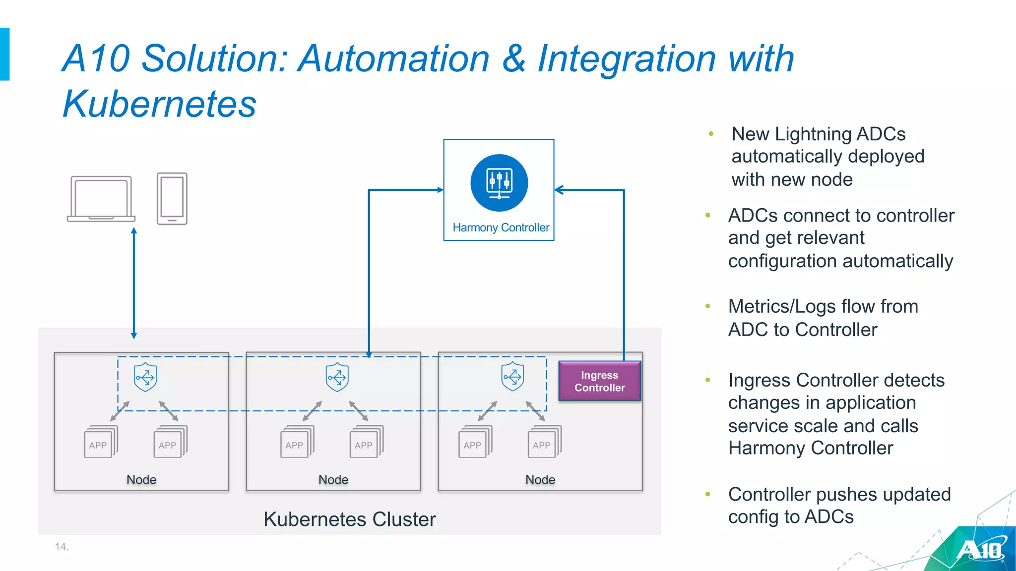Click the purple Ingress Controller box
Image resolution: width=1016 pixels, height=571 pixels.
point(599,381)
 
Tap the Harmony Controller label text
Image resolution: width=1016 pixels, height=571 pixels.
point(501,228)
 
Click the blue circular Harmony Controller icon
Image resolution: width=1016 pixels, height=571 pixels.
point(499,183)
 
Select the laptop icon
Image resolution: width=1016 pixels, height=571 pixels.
point(101,199)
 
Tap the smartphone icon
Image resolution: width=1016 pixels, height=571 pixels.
point(172,199)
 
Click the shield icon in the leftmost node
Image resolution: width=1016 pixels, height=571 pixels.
point(145,377)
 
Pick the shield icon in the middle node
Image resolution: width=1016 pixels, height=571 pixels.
point(337,377)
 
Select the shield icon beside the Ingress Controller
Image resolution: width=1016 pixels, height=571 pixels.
point(512,376)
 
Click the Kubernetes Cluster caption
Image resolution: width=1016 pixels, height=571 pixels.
point(349,519)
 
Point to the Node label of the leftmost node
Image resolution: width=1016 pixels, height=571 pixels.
point(141,479)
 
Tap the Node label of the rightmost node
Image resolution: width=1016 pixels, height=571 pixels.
point(540,479)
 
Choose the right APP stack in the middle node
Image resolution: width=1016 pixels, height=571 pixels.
point(366,442)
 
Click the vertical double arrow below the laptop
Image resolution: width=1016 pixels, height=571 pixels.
point(134,283)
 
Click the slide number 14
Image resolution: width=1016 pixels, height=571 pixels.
point(62,547)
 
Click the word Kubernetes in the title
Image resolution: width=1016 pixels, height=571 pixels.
point(159,104)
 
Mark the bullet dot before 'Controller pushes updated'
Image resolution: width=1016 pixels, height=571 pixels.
point(708,494)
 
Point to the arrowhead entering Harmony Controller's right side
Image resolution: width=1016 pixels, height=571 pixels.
point(559,190)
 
